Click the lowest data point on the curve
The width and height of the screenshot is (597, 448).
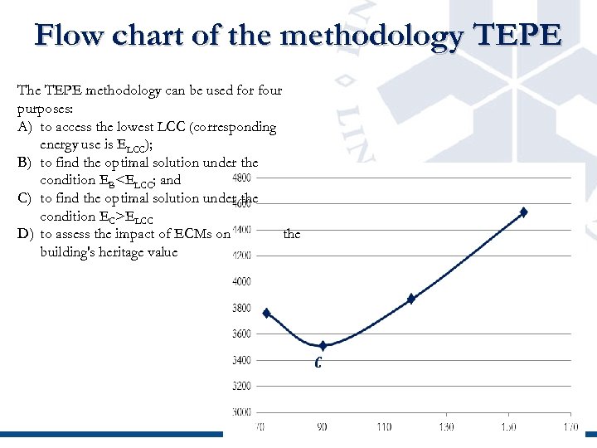323,345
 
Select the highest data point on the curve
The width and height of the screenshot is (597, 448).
523,212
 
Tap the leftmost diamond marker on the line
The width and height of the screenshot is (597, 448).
266,313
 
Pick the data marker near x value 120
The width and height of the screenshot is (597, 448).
410,299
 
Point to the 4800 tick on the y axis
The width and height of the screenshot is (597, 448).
240,178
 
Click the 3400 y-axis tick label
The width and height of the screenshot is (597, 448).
240,360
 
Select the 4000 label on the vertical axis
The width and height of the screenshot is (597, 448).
240,282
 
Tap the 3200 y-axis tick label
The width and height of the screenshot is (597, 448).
240,386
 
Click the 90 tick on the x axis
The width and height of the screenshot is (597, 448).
322,427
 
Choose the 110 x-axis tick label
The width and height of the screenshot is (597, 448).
384,427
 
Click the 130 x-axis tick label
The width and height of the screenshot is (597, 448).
446,427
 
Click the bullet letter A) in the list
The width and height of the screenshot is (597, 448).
24,127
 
